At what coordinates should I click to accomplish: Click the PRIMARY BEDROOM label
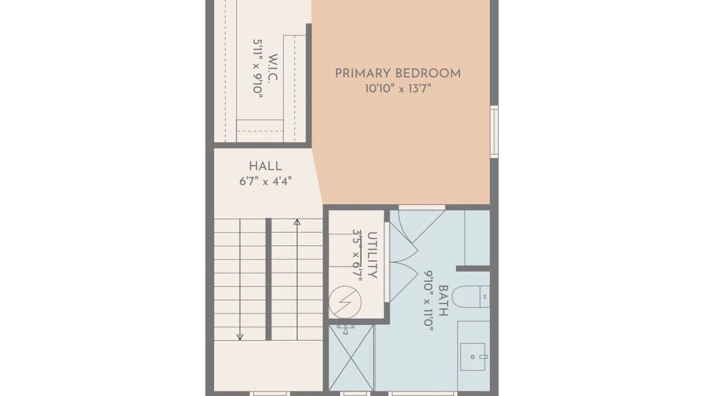click(x=398, y=74)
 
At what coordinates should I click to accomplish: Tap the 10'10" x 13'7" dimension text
click(x=397, y=89)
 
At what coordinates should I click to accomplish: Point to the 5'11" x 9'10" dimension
click(x=258, y=69)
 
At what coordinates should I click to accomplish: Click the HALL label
click(x=266, y=166)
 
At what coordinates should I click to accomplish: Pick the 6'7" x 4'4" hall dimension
click(x=266, y=182)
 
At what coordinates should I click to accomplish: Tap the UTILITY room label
click(x=372, y=255)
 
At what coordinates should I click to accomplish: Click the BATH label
click(x=443, y=300)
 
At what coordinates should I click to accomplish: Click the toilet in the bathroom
click(x=471, y=296)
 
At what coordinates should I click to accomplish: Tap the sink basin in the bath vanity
click(x=472, y=357)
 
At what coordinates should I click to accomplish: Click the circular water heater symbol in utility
click(x=345, y=302)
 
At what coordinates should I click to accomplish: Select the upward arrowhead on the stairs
click(x=297, y=222)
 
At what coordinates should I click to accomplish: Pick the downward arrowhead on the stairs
click(x=240, y=337)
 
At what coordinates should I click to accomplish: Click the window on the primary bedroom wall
click(x=494, y=131)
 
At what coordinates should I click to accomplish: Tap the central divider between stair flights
click(x=268, y=279)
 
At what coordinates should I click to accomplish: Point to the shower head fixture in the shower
click(x=345, y=329)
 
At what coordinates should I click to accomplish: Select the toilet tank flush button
click(x=485, y=296)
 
